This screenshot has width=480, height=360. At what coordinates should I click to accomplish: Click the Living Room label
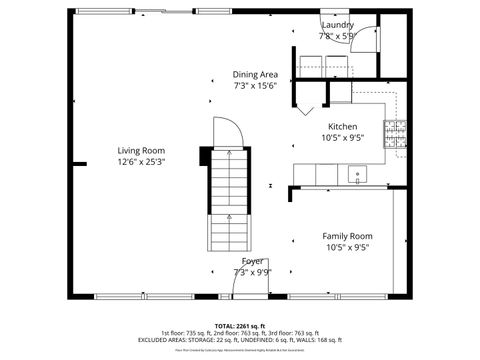click(x=140, y=150)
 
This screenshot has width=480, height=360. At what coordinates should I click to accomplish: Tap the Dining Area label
click(x=255, y=74)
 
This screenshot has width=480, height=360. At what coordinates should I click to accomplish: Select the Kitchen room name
click(x=343, y=127)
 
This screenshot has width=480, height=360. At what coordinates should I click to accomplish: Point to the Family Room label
click(x=347, y=236)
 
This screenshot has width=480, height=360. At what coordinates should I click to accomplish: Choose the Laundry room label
click(x=336, y=24)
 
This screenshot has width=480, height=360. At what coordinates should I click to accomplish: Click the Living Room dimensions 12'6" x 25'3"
click(x=140, y=161)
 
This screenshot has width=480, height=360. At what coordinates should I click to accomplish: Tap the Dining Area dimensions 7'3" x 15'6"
click(x=254, y=86)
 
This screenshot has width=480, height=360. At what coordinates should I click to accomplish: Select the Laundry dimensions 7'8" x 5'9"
click(x=336, y=36)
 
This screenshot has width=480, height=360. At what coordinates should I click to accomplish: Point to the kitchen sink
click(x=357, y=176)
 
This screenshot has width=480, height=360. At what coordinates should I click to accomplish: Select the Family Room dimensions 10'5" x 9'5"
click(x=347, y=248)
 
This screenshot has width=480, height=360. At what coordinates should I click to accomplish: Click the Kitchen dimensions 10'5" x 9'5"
click(x=343, y=139)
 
